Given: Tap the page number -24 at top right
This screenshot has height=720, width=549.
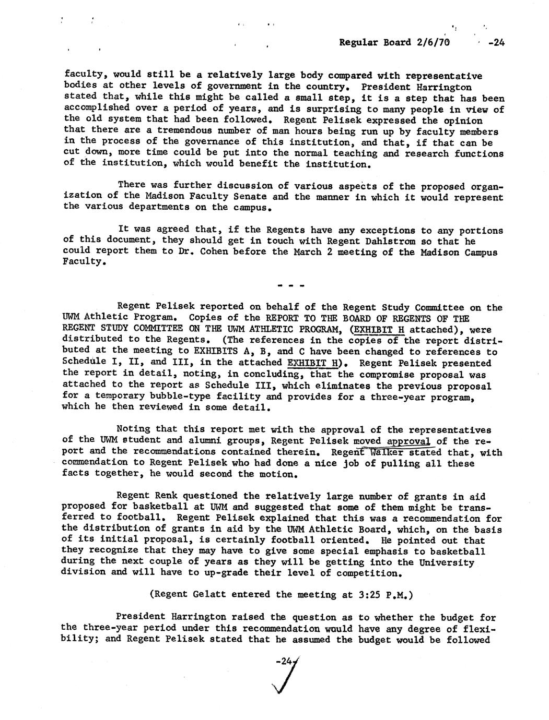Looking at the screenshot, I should (x=496, y=43).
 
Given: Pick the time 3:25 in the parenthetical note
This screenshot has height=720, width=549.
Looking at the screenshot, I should (x=357, y=594).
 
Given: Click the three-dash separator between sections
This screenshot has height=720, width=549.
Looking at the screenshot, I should (x=287, y=286).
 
